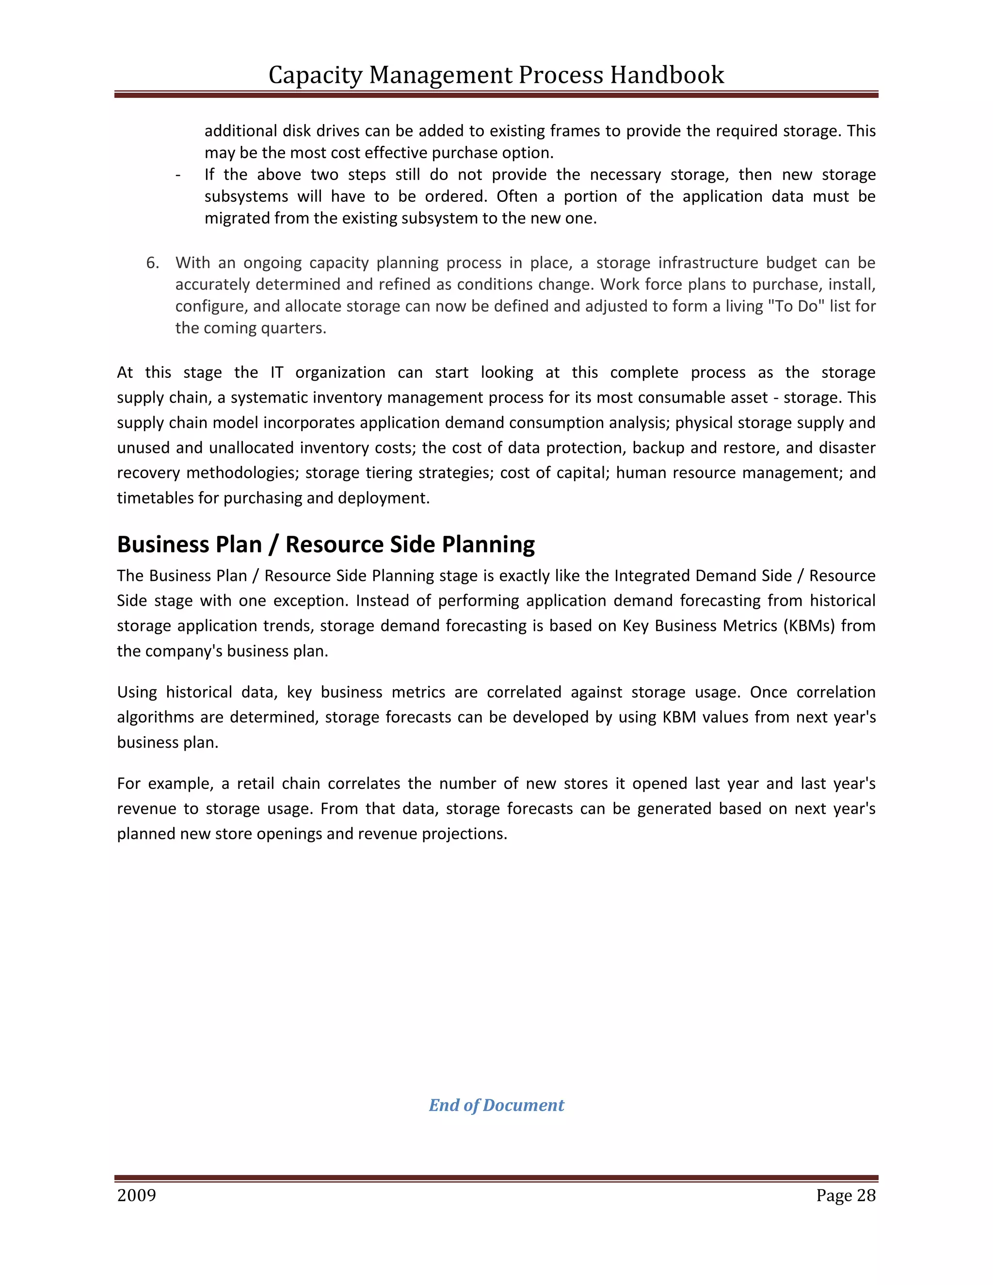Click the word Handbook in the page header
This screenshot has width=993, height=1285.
point(667,75)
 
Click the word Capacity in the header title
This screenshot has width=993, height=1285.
point(315,75)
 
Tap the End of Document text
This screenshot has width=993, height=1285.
point(496,1105)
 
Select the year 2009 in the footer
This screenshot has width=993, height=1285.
point(136,1196)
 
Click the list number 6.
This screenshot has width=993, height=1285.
point(152,263)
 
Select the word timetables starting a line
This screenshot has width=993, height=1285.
point(155,498)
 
